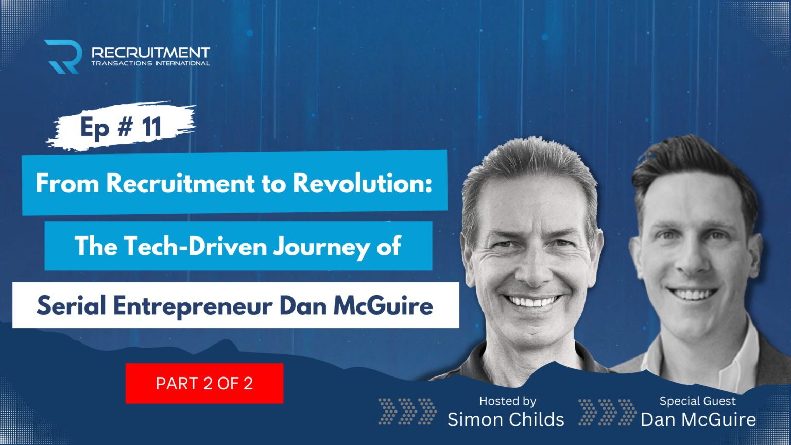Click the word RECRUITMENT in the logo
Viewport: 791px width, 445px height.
pos(150,53)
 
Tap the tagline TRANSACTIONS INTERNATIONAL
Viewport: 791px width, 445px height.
pos(150,64)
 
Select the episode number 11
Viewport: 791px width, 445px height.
pos(152,127)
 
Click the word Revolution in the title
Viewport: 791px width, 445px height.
pos(362,183)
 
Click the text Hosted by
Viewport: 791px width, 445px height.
pos(508,401)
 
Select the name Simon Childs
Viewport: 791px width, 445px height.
pos(506,420)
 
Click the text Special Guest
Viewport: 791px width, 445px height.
pos(697,401)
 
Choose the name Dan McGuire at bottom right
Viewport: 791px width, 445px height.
pos(698,420)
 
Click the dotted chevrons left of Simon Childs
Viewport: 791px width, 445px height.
pos(407,411)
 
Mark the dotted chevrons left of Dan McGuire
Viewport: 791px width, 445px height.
pos(607,411)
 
